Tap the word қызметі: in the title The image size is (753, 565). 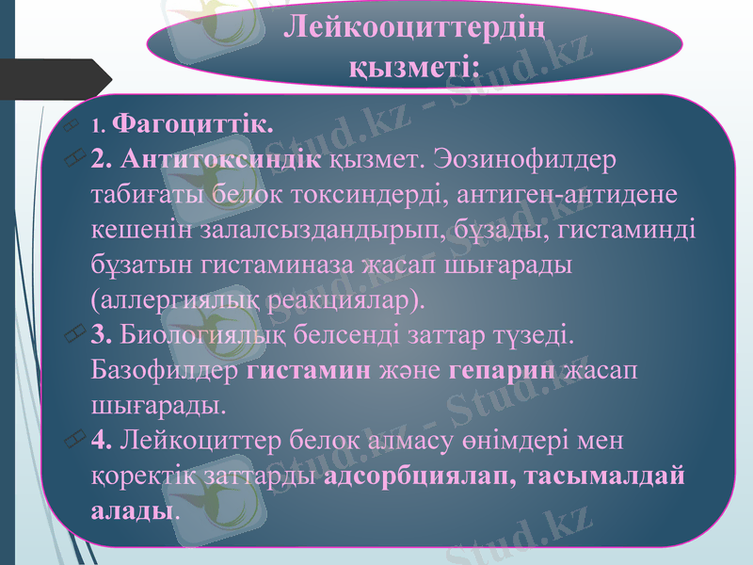tap(414, 64)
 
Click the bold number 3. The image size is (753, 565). tap(103, 335)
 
